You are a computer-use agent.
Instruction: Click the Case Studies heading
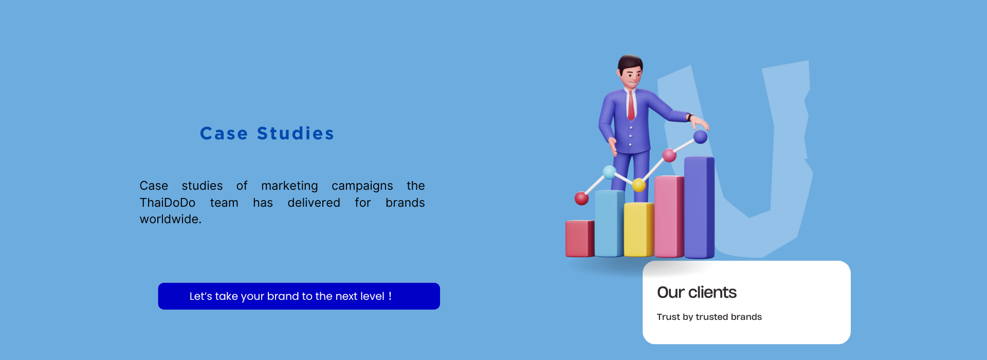[267, 134]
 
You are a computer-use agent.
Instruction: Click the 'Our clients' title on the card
[697, 293]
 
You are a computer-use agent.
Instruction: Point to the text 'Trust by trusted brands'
[709, 317]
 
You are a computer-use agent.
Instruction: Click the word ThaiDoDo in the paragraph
[168, 203]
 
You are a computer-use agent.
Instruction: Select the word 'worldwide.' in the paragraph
[171, 219]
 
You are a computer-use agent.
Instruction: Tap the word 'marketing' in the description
[289, 186]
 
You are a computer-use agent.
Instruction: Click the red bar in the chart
[580, 239]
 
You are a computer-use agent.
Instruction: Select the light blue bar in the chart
[610, 223]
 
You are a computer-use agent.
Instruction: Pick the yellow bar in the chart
[639, 229]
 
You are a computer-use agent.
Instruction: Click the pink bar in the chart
[669, 217]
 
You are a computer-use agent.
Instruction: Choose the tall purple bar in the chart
[699, 207]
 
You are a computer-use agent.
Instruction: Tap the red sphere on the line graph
[581, 198]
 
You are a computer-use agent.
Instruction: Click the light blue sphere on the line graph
[610, 172]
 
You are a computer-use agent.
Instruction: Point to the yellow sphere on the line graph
[639, 185]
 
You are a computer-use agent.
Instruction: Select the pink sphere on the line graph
[669, 155]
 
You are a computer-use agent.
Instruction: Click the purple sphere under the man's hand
[700, 137]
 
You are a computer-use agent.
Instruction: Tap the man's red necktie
[631, 106]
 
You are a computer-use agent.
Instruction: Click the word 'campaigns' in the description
[362, 186]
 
